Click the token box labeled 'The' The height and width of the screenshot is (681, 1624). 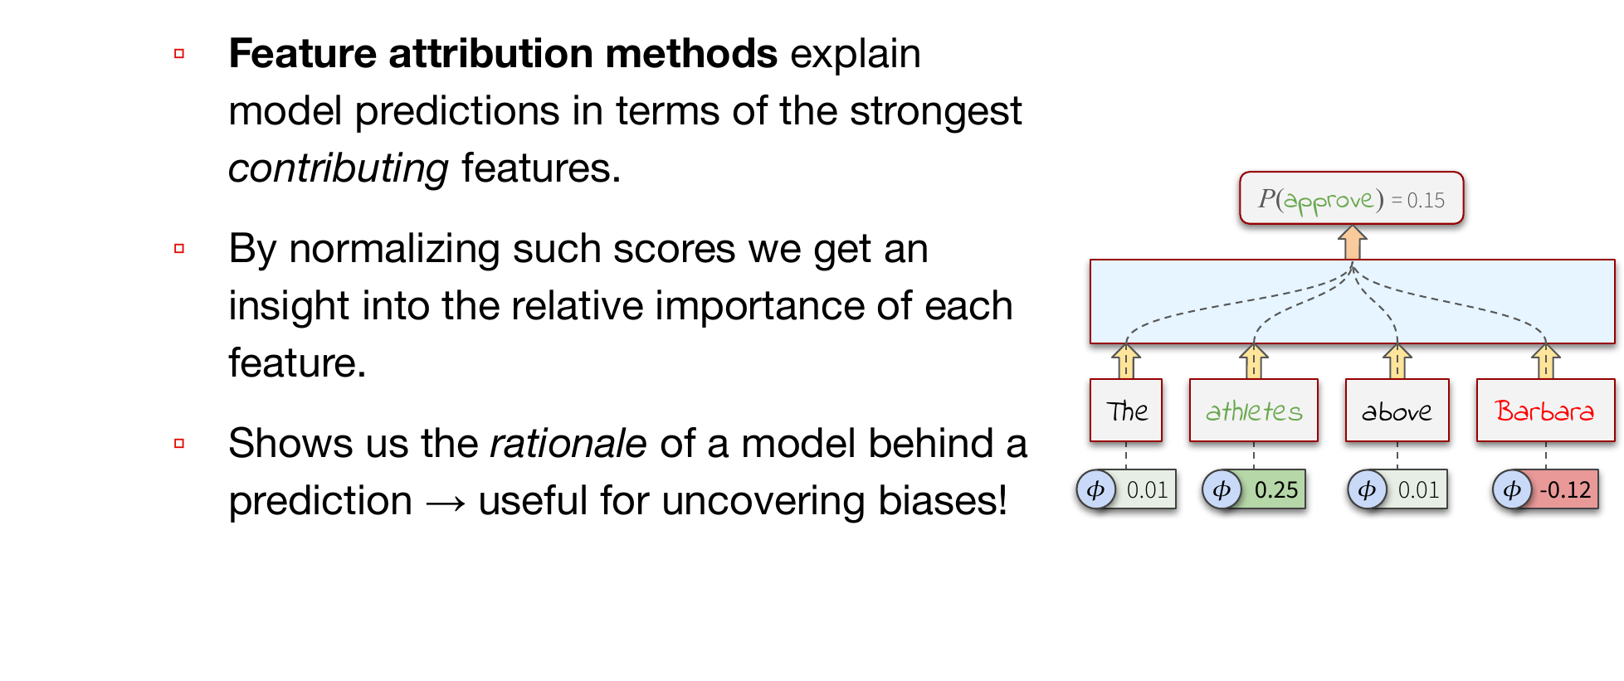click(1125, 411)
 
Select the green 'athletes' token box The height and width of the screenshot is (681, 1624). click(1253, 411)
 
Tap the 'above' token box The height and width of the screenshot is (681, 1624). click(1397, 411)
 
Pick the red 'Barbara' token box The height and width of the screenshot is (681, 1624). click(1545, 411)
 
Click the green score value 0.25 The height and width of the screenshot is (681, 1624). click(1275, 489)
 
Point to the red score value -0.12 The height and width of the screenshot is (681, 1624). click(1565, 489)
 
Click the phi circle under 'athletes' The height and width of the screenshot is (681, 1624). click(1222, 489)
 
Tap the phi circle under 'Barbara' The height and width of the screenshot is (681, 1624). click(1512, 489)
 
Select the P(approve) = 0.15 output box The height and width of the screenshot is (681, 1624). click(1351, 198)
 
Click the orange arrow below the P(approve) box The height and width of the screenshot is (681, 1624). click(1352, 242)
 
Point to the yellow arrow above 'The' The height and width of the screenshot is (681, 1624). click(1125, 361)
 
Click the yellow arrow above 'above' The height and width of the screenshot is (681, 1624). click(1397, 361)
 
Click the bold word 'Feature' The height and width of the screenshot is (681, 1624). click(303, 54)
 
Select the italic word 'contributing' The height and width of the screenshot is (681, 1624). click(339, 169)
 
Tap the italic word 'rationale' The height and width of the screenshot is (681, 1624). click(568, 444)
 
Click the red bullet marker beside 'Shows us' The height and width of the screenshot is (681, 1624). click(179, 444)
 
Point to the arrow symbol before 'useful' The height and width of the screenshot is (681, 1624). click(446, 503)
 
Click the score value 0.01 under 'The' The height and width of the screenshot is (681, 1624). click(1147, 489)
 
